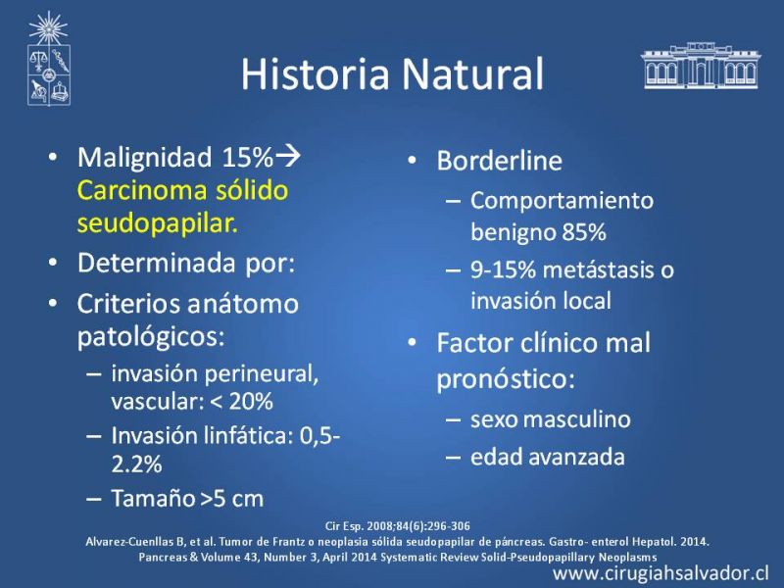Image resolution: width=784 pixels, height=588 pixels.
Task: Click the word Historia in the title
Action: pyautogui.click(x=315, y=74)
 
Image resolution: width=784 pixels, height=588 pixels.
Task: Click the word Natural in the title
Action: pyautogui.click(x=473, y=74)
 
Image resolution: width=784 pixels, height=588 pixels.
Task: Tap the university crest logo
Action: pyautogui.click(x=48, y=59)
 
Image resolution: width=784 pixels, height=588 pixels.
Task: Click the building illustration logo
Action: pyautogui.click(x=701, y=66)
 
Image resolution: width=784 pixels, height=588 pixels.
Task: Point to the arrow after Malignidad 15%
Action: pyautogui.click(x=288, y=156)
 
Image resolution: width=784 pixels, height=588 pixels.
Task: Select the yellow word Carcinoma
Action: pyautogui.click(x=141, y=190)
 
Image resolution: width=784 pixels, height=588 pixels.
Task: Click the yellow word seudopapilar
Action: pyautogui.click(x=158, y=223)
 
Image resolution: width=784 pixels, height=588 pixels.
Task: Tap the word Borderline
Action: pyautogui.click(x=500, y=161)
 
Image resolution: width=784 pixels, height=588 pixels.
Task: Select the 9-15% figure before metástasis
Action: pyautogui.click(x=503, y=270)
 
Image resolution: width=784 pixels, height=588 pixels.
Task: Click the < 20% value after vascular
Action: pyautogui.click(x=242, y=401)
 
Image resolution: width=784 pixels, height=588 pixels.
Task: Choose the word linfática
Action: pyautogui.click(x=249, y=435)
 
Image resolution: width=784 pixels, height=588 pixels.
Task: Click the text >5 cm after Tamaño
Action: pyautogui.click(x=231, y=499)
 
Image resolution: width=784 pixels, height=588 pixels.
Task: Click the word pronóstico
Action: pyautogui.click(x=506, y=379)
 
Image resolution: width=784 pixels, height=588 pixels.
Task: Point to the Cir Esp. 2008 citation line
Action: pyautogui.click(x=398, y=526)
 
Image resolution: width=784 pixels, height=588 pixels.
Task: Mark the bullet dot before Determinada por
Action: pyautogui.click(x=53, y=262)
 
